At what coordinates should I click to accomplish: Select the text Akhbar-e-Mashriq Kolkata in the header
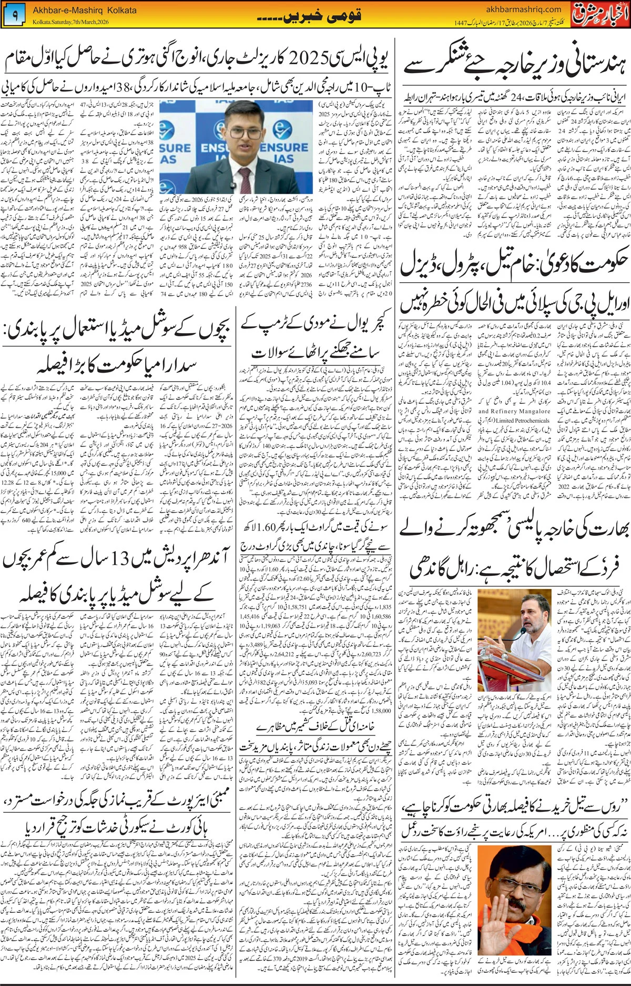[84, 10]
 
